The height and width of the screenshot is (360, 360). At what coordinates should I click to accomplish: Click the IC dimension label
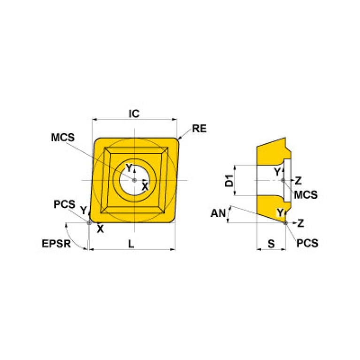click(134, 113)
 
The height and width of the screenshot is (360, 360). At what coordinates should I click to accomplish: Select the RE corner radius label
click(199, 129)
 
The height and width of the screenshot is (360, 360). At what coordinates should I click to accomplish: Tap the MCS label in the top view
click(63, 138)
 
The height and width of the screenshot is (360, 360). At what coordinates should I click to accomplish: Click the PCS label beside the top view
click(64, 205)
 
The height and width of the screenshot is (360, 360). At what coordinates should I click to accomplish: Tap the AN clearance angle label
click(217, 214)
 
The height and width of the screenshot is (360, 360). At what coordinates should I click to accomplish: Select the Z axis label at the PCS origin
click(301, 222)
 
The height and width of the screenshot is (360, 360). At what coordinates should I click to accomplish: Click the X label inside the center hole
click(145, 186)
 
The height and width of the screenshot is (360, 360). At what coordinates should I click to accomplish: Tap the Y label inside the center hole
click(129, 168)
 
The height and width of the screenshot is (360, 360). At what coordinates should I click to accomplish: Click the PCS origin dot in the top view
click(89, 222)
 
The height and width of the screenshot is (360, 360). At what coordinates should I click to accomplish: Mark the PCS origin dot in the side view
click(286, 222)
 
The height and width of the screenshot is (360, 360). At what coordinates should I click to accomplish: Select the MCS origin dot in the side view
click(282, 180)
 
